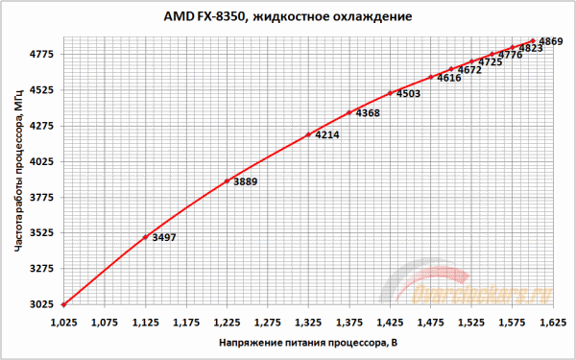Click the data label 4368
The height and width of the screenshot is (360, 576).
click(368, 113)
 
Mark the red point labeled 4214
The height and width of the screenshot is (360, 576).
click(308, 134)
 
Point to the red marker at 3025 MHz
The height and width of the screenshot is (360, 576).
click(63, 304)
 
